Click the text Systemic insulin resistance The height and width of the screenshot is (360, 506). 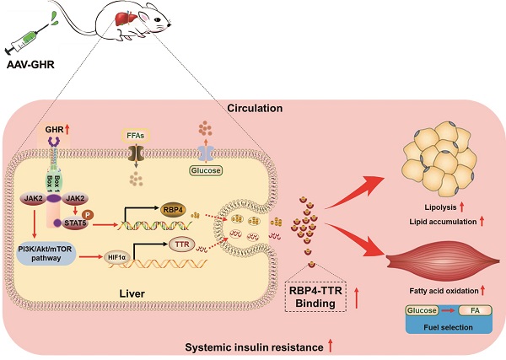click(254, 346)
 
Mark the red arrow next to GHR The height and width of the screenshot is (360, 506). click(67, 130)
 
